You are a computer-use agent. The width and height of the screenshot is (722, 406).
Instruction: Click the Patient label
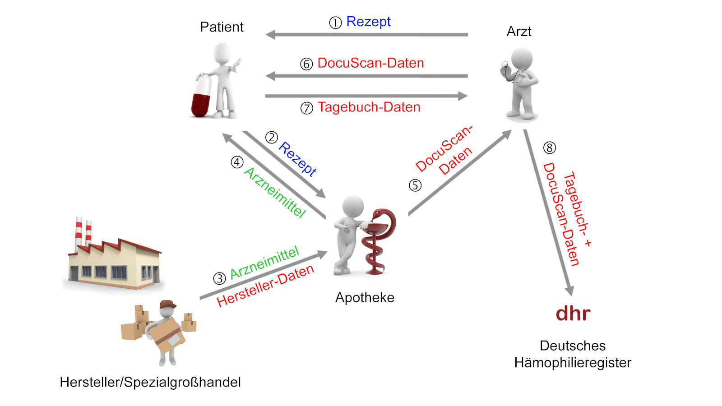click(x=222, y=27)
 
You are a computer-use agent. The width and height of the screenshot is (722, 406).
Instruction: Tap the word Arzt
click(x=519, y=32)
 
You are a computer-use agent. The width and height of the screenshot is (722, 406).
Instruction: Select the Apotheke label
click(x=365, y=298)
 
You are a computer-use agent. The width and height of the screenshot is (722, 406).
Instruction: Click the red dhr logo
click(x=573, y=314)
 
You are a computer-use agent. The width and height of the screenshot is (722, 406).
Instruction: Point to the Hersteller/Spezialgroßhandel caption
click(x=150, y=383)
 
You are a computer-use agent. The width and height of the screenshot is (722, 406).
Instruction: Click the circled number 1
click(x=335, y=23)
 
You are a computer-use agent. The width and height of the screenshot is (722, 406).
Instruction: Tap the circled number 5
click(x=415, y=185)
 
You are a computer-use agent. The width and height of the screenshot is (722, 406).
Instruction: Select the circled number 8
click(x=549, y=148)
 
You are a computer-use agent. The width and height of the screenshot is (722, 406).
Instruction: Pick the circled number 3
click(x=219, y=278)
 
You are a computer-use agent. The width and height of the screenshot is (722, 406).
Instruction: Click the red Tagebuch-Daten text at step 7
click(x=369, y=107)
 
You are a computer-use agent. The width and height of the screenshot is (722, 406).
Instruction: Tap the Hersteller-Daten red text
click(x=265, y=285)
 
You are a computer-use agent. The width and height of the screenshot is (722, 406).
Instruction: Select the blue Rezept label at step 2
click(x=297, y=158)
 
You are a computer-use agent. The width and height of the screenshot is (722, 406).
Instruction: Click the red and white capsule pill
click(x=201, y=97)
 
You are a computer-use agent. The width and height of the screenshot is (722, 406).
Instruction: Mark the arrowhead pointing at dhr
click(x=570, y=291)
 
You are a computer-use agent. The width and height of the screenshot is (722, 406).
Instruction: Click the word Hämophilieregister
click(x=573, y=363)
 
